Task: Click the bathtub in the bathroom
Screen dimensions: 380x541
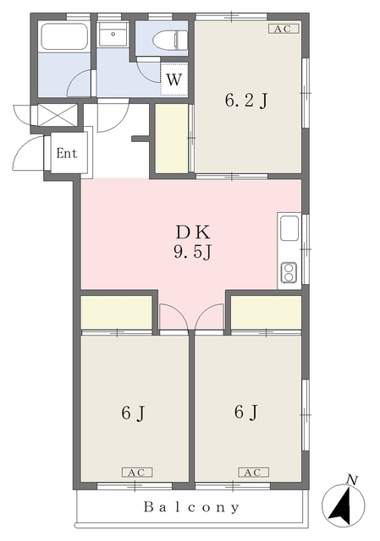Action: click(x=64, y=36)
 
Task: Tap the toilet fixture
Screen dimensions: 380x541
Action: click(x=171, y=39)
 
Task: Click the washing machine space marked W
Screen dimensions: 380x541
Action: click(x=174, y=79)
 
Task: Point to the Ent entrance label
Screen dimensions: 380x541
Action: click(x=67, y=153)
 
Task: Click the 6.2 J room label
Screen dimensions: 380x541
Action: click(x=246, y=101)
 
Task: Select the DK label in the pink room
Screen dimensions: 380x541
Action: click(x=193, y=233)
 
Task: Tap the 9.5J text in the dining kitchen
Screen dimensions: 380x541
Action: click(x=192, y=254)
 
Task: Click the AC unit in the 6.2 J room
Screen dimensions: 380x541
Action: click(x=284, y=29)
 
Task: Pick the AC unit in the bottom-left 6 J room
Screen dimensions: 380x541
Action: click(x=137, y=473)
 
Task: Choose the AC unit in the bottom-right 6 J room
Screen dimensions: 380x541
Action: click(x=253, y=473)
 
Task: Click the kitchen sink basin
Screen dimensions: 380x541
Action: click(x=289, y=228)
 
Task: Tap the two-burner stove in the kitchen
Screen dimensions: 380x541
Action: click(x=289, y=272)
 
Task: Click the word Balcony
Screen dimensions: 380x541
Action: click(x=192, y=507)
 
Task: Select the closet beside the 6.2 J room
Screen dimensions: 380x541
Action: click(x=172, y=138)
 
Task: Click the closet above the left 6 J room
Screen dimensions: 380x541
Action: click(x=117, y=312)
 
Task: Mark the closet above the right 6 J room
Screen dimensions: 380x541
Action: click(x=266, y=312)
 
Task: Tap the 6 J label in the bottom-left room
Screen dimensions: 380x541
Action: click(x=134, y=413)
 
